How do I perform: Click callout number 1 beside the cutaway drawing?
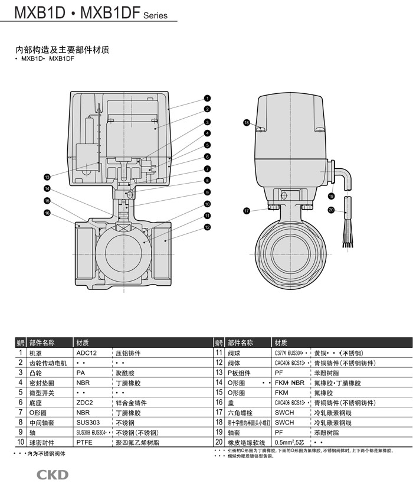tap(208, 98)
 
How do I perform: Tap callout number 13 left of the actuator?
tap(47, 177)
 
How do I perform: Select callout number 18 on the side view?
tap(247, 122)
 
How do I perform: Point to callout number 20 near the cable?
tap(331, 210)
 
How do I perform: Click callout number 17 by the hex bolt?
tap(247, 210)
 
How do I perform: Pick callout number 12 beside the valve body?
tap(208, 227)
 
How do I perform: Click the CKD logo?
tap(53, 474)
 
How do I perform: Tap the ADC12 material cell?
tap(86, 353)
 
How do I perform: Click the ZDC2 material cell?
tap(86, 403)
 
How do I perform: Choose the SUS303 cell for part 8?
tap(87, 423)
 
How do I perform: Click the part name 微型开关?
tap(41, 393)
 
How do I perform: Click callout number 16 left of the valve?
tap(47, 213)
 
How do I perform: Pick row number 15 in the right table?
tap(218, 393)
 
